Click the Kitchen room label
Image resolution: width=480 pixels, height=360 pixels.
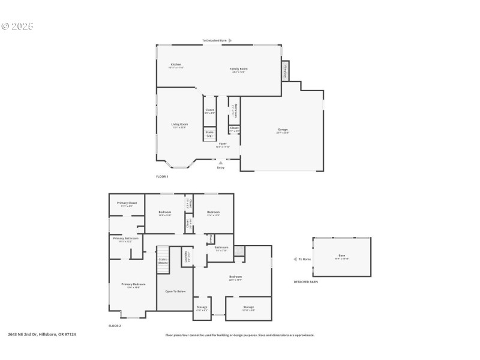[x=176, y=65]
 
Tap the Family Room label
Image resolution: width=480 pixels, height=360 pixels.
[x=239, y=69]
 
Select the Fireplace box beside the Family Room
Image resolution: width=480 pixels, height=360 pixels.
[x=286, y=70]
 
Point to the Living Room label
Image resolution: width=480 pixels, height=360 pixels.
[x=179, y=125]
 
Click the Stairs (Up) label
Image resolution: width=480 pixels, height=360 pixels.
[x=209, y=134]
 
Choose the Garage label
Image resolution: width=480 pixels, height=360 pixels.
[x=283, y=130]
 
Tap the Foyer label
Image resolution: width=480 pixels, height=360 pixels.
[x=223, y=144]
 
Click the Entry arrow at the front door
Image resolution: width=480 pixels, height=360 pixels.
[x=221, y=162]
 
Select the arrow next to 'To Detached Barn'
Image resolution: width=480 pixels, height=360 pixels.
[x=230, y=41]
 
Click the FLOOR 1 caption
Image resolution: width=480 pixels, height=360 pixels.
[x=162, y=176]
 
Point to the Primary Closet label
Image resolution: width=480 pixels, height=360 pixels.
[x=127, y=203]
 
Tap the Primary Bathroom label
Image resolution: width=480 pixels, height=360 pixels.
[x=126, y=239]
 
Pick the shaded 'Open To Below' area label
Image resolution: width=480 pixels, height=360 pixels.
[x=175, y=292]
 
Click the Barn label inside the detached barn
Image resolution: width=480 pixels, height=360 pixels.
[x=341, y=256]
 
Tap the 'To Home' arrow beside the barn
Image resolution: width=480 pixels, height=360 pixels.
[x=295, y=259]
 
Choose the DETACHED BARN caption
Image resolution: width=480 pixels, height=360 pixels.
[x=305, y=282]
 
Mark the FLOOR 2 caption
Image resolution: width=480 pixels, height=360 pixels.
[x=115, y=325]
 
